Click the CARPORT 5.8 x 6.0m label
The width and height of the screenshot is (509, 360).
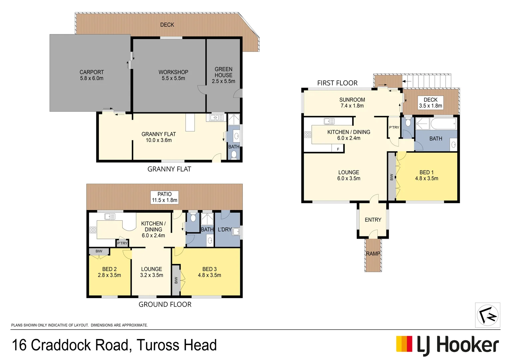coord(92,75)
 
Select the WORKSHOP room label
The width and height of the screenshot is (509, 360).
coord(173,75)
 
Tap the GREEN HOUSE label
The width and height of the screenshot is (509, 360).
coord(224,75)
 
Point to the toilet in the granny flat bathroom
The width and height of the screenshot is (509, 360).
coord(234,155)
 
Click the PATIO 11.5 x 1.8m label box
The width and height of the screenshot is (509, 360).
coord(165,197)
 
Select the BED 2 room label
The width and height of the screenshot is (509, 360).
coord(109,272)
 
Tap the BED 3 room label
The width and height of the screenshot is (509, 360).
coord(210,272)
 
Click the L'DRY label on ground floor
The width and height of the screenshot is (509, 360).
coord(225,229)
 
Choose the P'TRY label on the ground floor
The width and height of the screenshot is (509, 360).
coord(122,243)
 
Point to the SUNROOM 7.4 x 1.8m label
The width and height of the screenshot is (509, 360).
coord(352,103)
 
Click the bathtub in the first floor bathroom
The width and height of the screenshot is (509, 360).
coord(443,124)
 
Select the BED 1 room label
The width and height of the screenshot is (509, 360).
coord(426,175)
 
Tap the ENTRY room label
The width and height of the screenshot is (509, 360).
coord(373,220)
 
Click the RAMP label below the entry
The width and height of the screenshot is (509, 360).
coord(373,254)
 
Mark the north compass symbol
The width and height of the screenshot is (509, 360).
coord(487,315)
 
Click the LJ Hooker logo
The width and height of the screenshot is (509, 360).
coord(447,344)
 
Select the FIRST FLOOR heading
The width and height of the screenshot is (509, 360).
coord(337,83)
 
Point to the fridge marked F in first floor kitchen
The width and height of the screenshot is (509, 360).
coord(338,149)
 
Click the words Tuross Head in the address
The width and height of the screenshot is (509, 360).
coord(177,345)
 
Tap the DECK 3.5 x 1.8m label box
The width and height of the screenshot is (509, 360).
coord(430,103)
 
